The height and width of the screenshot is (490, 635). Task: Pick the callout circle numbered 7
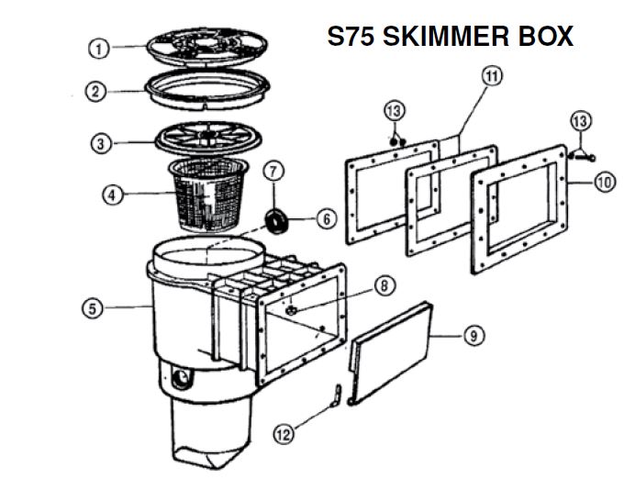[x=273, y=171]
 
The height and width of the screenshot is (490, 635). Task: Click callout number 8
[x=384, y=285]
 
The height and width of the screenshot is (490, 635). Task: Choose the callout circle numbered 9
[x=473, y=336]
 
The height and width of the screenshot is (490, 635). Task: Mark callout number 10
[x=603, y=183]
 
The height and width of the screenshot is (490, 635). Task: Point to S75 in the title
[x=352, y=36]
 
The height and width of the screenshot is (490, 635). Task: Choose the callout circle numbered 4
[x=111, y=195]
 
